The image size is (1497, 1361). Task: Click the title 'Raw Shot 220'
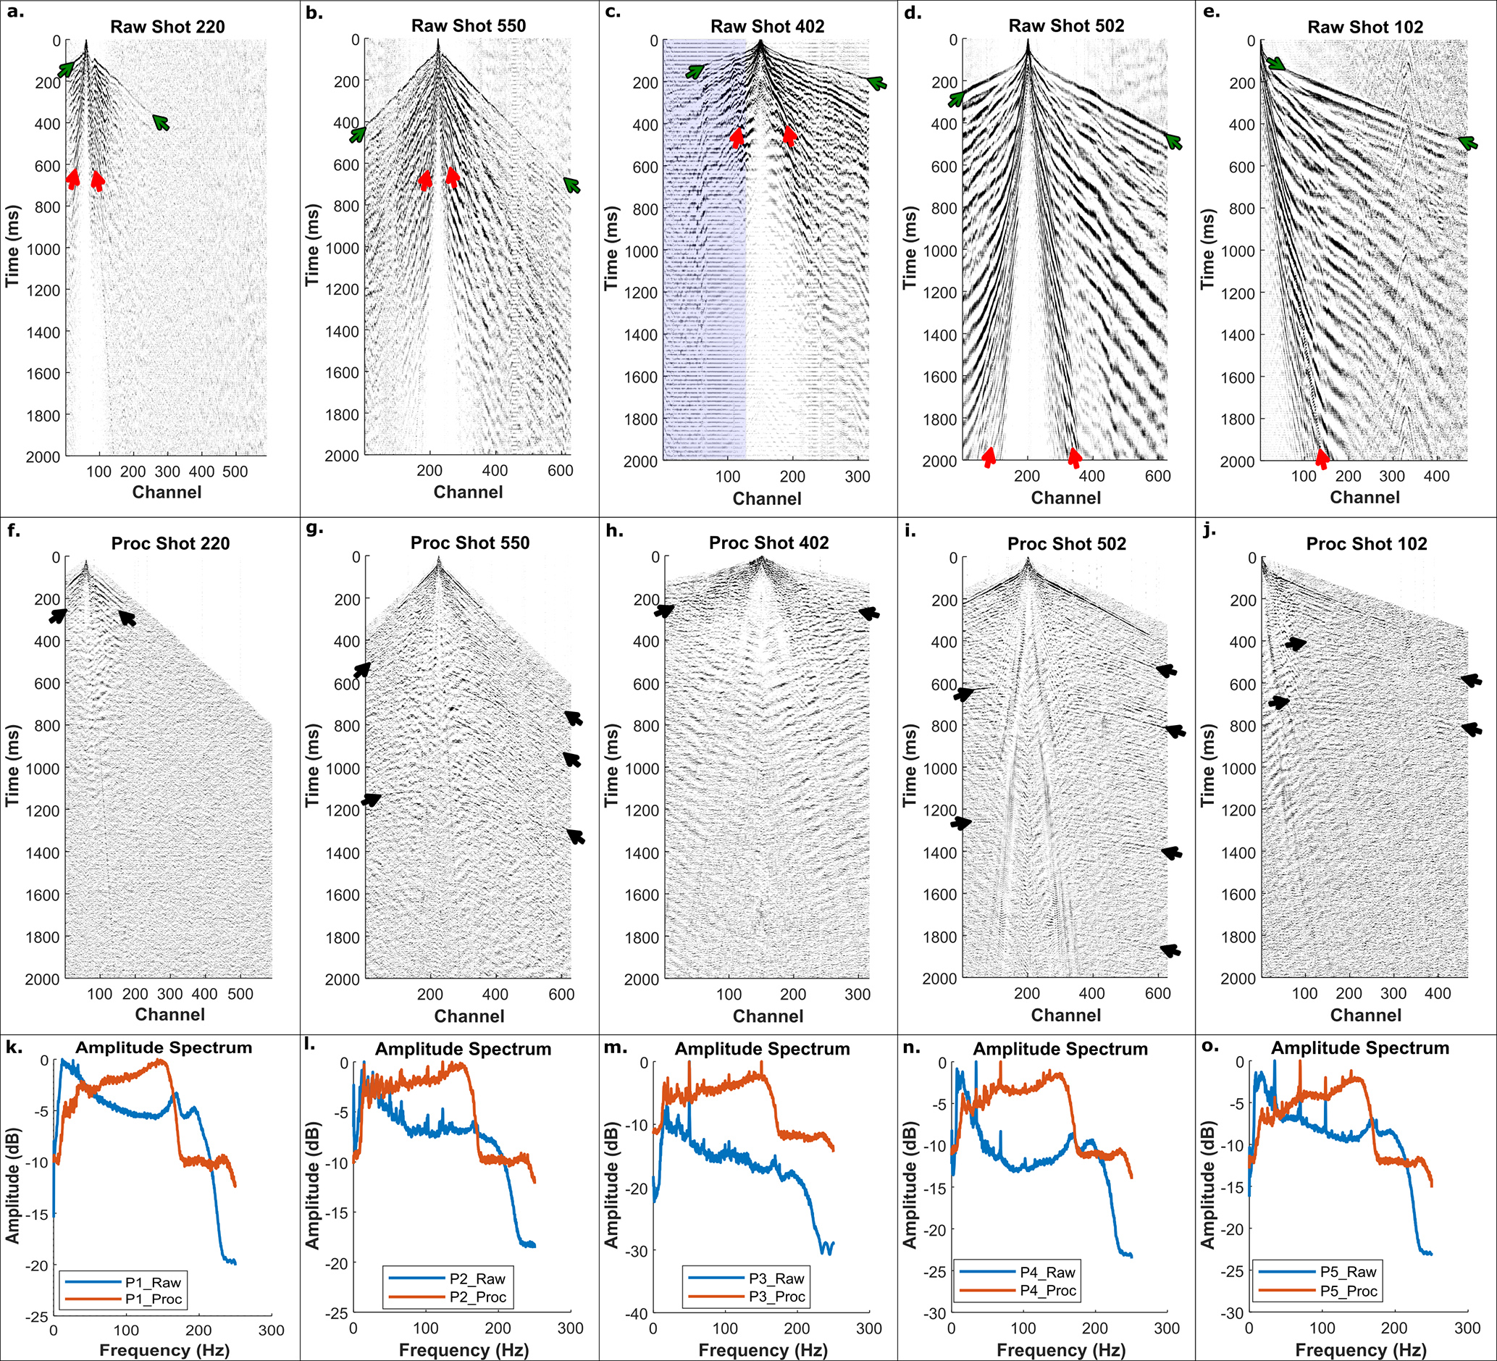(x=167, y=27)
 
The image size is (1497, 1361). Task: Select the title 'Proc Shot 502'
(x=1066, y=543)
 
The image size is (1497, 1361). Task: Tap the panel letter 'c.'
(x=613, y=12)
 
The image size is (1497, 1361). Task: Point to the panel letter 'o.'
(x=1209, y=1045)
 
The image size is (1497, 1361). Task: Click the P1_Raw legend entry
(x=152, y=1282)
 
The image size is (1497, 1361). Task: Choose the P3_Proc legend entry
(x=776, y=1297)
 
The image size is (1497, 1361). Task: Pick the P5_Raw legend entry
(x=1348, y=1272)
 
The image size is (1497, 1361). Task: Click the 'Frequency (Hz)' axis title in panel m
(x=763, y=1349)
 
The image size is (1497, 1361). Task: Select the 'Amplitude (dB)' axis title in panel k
(x=12, y=1185)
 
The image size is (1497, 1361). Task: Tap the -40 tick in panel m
(x=636, y=1313)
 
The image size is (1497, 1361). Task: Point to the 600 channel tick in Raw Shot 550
(x=560, y=470)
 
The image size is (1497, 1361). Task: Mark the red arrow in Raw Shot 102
(x=1322, y=457)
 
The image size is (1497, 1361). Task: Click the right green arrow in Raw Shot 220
(x=161, y=122)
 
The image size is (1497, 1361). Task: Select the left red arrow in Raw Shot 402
(x=737, y=138)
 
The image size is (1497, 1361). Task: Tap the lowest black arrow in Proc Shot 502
(x=1170, y=950)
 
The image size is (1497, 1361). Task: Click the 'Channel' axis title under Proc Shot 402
(x=768, y=1015)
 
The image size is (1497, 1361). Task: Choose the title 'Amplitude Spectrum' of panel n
(x=1060, y=1048)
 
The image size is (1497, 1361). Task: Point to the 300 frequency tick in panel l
(x=570, y=1328)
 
